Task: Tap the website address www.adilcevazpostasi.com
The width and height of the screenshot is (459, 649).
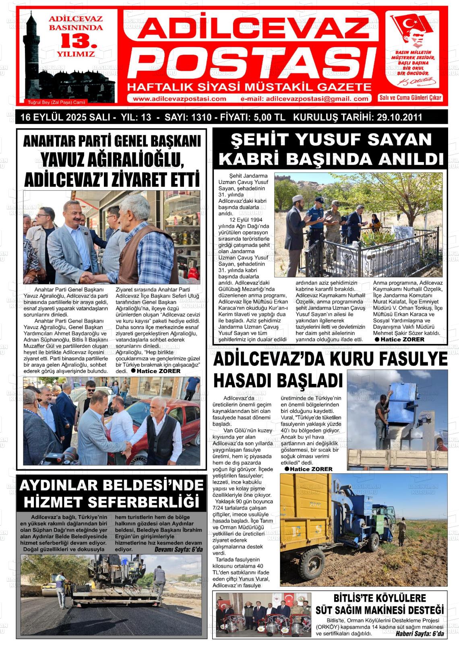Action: (x=180, y=99)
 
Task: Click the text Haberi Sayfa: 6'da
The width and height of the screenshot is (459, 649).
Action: (x=419, y=634)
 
